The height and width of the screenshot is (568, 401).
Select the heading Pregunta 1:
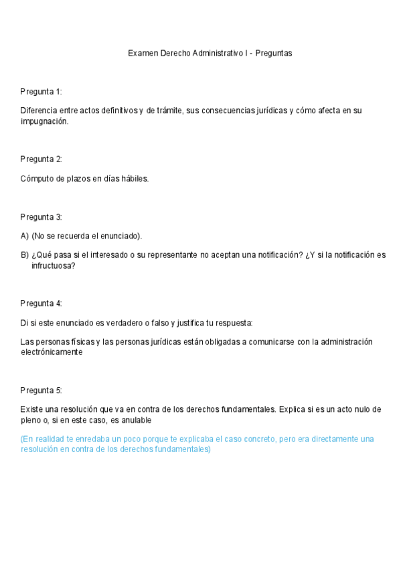point(41,91)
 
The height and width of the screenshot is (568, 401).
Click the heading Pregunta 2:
point(41,159)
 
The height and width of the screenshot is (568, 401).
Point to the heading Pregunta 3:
point(41,217)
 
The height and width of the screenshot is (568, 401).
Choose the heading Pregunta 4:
point(41,303)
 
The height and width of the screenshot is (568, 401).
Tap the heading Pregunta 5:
point(41,390)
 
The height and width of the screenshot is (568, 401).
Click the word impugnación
point(44,121)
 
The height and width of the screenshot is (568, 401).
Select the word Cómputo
point(37,179)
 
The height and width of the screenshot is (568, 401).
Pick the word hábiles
point(134,179)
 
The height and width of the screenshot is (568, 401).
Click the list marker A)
point(25,236)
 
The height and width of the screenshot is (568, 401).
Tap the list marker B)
point(25,255)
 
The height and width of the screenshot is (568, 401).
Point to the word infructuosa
point(53,265)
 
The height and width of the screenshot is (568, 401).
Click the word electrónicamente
point(52,352)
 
